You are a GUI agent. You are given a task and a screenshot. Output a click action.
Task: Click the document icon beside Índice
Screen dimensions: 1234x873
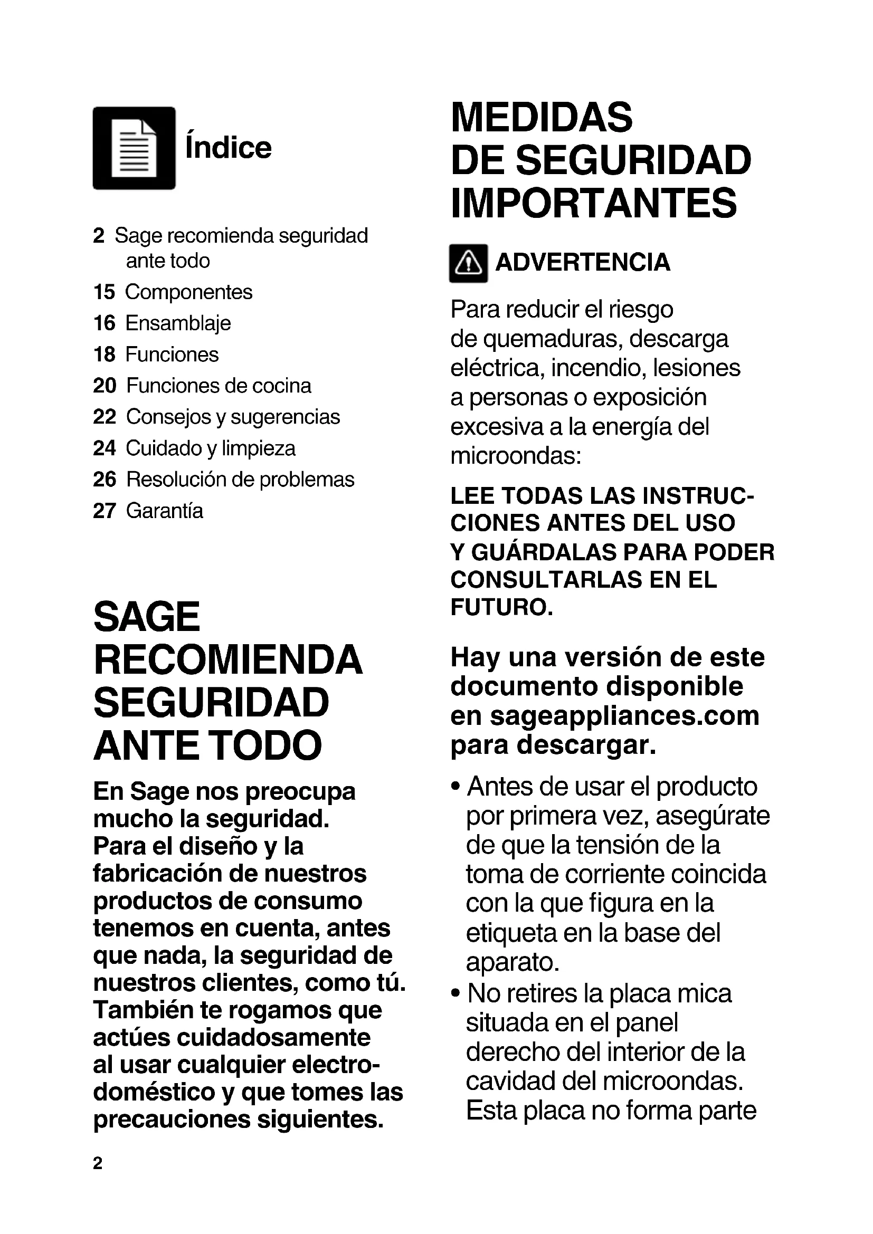pos(134,148)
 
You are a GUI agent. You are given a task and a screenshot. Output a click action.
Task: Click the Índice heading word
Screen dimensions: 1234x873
pos(229,148)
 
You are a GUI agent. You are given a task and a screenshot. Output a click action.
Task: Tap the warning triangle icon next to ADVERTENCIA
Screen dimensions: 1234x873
pos(468,263)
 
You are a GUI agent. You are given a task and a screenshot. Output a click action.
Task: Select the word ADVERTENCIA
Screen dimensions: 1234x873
pos(583,263)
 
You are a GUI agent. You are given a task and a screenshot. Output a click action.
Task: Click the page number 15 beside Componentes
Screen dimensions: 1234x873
pos(105,292)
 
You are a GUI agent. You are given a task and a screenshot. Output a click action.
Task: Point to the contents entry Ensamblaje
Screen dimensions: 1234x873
pos(178,323)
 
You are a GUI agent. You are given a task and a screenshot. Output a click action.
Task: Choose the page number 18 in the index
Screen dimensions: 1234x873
pos(105,355)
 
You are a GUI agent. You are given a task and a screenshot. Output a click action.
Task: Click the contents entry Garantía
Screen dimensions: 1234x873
pos(165,511)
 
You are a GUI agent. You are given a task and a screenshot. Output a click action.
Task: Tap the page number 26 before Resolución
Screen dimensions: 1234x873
pos(105,480)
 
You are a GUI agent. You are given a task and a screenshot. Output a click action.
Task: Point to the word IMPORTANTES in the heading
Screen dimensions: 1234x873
pos(594,203)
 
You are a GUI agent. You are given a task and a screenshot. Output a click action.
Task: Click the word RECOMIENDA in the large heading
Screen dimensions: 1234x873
pos(228,660)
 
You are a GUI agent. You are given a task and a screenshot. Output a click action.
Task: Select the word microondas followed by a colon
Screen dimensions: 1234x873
pos(516,456)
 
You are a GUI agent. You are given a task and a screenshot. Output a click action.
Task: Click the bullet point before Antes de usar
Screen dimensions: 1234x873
pos(456,787)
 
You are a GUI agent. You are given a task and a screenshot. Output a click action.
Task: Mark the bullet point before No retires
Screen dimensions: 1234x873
pos(456,993)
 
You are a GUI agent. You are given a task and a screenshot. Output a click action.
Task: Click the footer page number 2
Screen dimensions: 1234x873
pos(97,1163)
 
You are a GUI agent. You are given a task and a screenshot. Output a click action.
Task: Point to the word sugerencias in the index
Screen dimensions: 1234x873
pos(286,417)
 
